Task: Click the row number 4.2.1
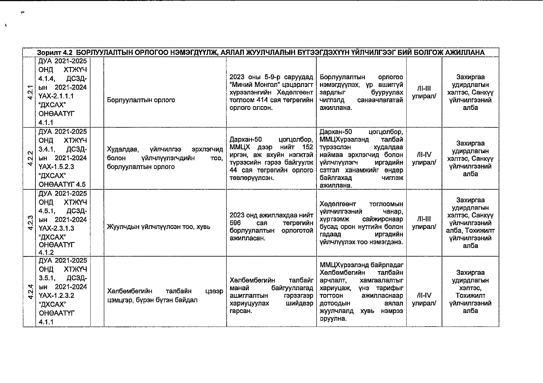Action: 30,92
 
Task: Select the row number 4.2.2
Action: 30,158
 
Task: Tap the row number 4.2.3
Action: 30,223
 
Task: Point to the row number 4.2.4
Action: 30,291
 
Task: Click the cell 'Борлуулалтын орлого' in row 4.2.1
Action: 141,100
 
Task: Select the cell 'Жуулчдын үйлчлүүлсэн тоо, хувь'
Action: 158,227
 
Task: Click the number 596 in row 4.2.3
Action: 235,223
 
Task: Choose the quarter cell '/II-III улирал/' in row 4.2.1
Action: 424,92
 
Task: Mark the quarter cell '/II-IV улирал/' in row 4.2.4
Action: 424,299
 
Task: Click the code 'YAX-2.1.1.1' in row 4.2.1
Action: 56,96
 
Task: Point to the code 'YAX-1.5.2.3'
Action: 56,167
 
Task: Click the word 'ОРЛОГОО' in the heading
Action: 149,52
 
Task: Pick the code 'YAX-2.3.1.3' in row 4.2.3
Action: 56,229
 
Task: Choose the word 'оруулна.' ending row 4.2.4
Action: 333,319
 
